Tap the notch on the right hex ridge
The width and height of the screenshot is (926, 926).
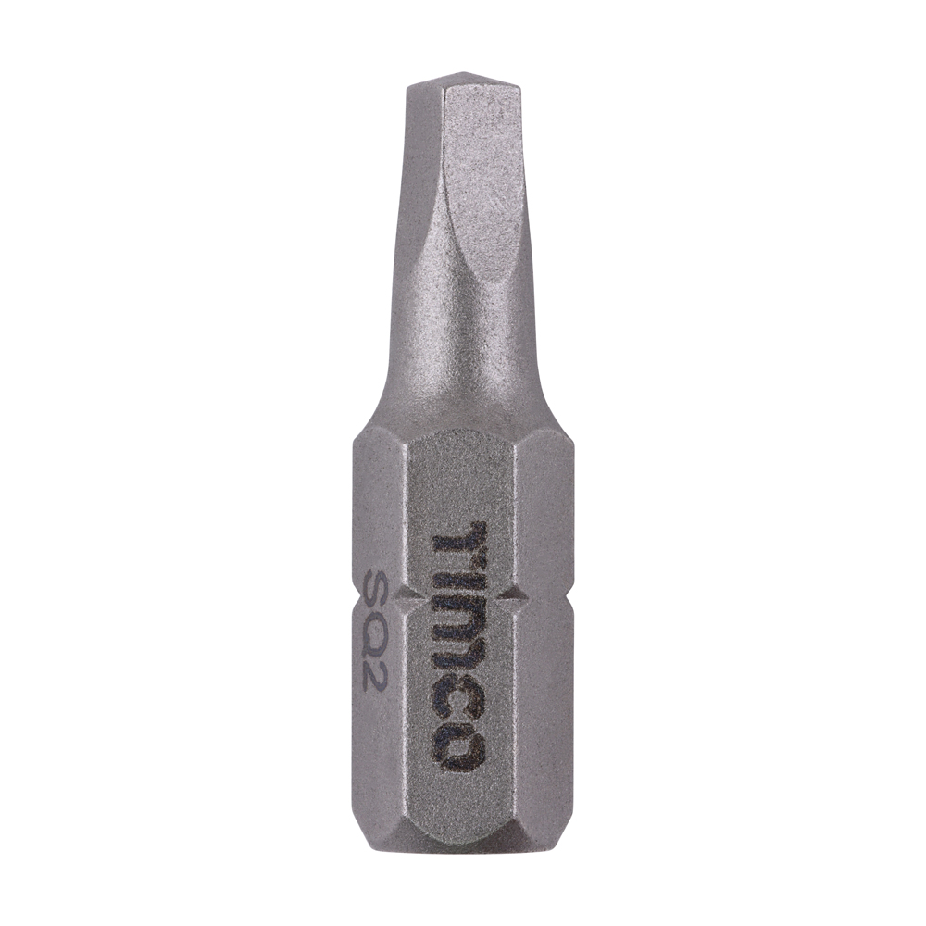pos(519,597)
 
